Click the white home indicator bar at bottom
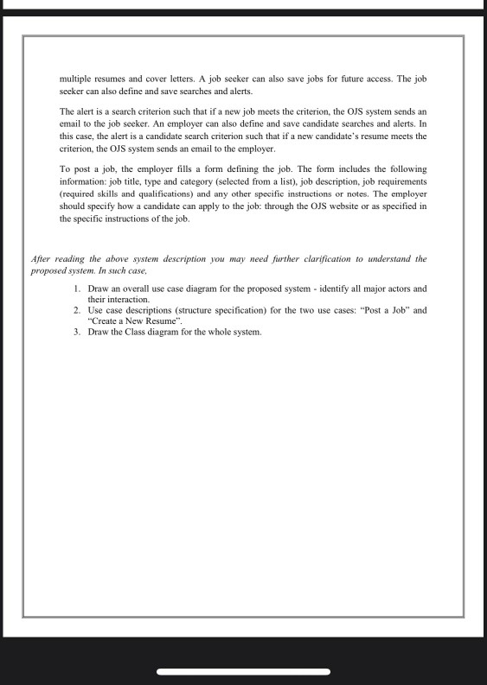coord(243,671)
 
